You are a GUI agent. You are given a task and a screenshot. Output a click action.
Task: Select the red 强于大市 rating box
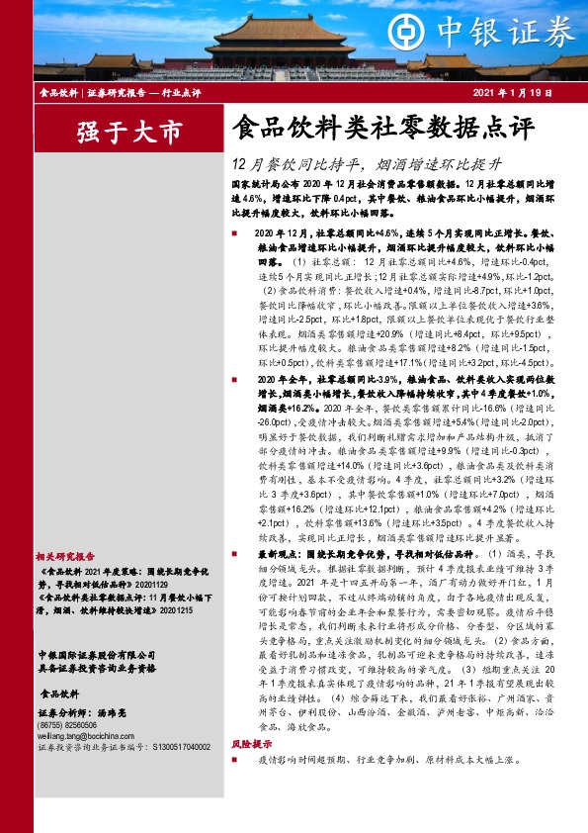point(116,130)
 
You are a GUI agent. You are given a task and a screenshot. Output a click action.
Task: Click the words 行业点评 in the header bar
point(181,92)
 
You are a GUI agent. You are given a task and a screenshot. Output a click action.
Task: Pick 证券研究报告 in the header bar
point(116,92)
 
